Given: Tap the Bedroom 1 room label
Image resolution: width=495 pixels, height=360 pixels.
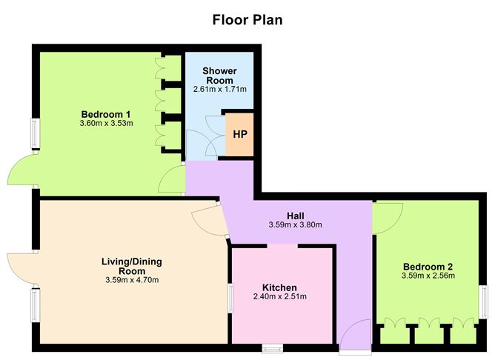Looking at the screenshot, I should point(106,113).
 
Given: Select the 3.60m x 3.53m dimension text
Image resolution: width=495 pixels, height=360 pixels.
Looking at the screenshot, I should point(106,123).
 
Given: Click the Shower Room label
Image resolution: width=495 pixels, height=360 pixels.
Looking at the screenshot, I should point(219,76).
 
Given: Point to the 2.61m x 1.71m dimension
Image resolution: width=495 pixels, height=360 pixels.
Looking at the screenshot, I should point(219,90).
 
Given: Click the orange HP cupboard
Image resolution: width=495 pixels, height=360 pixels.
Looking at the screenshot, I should point(239,135).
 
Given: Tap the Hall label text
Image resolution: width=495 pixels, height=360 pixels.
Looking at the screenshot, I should point(295,216).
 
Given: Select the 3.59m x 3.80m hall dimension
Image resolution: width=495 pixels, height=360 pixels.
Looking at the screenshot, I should point(295,225).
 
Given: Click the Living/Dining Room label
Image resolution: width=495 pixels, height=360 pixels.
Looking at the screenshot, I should point(132,266).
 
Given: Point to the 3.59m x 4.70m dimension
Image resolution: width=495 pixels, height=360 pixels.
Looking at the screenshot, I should point(132,280).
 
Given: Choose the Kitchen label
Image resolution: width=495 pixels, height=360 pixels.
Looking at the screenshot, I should point(279,287).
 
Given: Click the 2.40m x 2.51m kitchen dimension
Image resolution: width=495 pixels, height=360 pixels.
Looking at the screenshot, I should point(279,297).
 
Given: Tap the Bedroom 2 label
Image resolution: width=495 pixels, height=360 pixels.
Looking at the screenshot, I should point(428,267).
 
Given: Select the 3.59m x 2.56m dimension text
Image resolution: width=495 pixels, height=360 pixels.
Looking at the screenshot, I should point(428,276).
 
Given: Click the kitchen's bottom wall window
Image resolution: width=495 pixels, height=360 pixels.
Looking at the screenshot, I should point(272,347).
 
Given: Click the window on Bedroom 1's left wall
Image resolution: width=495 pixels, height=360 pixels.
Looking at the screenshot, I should point(34,133).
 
